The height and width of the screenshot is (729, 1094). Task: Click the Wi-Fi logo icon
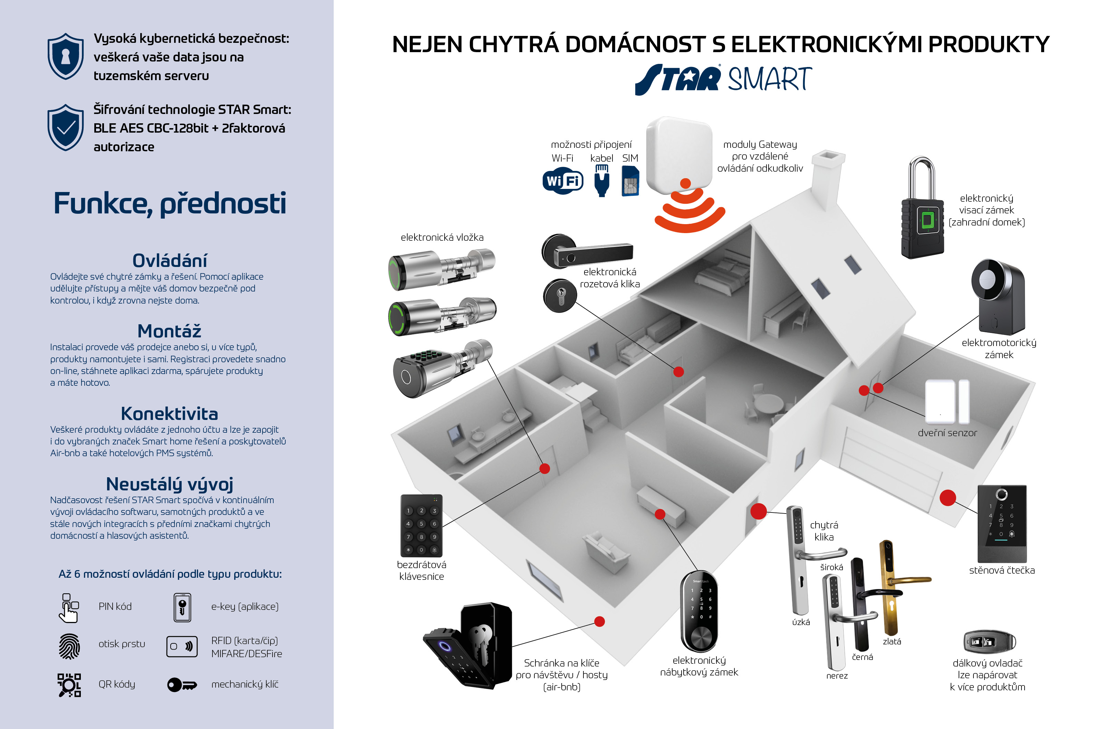click(563, 181)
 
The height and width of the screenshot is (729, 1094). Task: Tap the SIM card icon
click(630, 182)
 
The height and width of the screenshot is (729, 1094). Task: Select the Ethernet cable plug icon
click(602, 181)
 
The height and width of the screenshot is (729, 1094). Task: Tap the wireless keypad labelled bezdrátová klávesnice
click(421, 525)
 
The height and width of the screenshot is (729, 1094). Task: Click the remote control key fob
click(989, 642)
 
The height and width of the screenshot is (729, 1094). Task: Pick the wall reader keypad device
click(1002, 523)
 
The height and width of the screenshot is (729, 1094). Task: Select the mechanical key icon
click(182, 685)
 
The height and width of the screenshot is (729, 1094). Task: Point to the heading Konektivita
click(169, 413)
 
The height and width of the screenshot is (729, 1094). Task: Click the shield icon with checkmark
click(66, 127)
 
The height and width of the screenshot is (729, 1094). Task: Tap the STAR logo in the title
click(678, 79)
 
